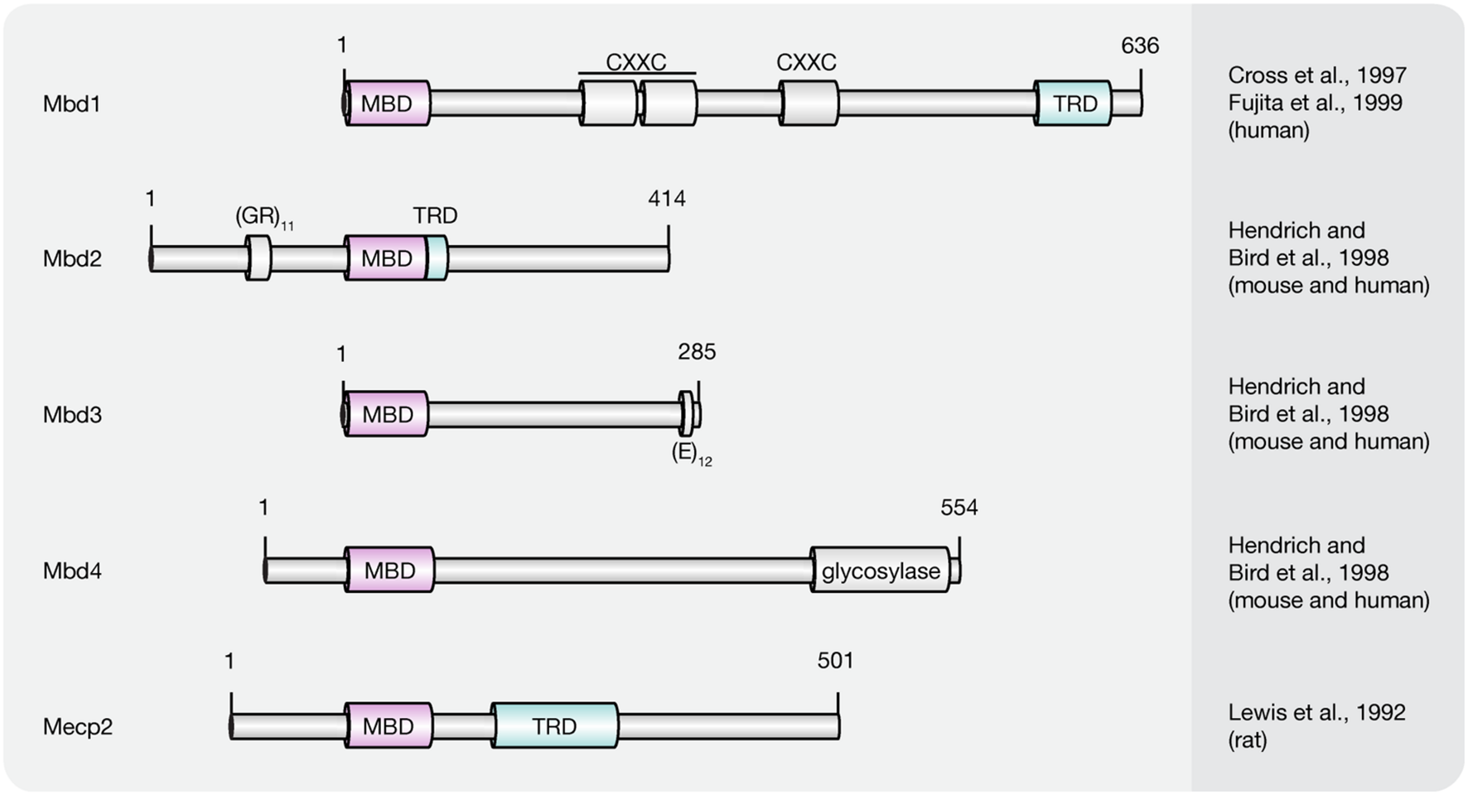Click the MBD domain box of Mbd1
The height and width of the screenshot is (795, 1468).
[388, 104]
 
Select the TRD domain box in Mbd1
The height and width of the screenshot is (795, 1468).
[1074, 104]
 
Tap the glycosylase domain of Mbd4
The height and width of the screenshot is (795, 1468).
[880, 571]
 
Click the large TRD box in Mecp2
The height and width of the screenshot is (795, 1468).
[554, 726]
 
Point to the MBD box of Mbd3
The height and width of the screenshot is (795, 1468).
[386, 414]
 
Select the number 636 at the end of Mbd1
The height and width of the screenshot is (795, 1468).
[1139, 46]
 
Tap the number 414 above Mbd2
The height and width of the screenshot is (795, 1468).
[666, 199]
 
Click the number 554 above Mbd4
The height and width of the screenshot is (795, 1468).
[959, 508]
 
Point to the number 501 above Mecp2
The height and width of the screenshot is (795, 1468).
[834, 661]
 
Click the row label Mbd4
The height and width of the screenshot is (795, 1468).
[72, 571]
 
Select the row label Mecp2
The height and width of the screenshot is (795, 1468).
[77, 726]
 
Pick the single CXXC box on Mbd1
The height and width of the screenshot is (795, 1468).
[809, 104]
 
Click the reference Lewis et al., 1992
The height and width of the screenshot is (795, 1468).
[1316, 712]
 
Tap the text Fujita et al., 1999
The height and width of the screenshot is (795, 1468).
[1315, 103]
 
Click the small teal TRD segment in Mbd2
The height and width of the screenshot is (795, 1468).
[437, 258]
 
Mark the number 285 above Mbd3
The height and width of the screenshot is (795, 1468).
[696, 352]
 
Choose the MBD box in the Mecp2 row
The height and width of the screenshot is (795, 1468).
[389, 726]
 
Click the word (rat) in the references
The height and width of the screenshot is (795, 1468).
[1247, 740]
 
